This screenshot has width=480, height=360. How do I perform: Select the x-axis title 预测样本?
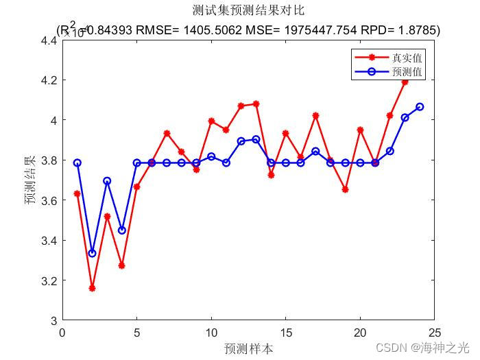(x=248, y=348)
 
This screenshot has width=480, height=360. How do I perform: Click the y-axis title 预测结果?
(x=29, y=180)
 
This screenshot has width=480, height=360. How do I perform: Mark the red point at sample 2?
(x=92, y=288)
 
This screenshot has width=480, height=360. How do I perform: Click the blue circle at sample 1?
(x=77, y=163)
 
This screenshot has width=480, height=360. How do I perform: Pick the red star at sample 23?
(x=405, y=82)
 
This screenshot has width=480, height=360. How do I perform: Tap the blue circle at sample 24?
(x=420, y=106)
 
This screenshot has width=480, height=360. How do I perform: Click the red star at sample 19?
(x=345, y=189)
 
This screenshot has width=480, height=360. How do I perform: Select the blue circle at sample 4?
(x=122, y=230)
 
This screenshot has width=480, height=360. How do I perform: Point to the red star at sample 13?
(x=256, y=104)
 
